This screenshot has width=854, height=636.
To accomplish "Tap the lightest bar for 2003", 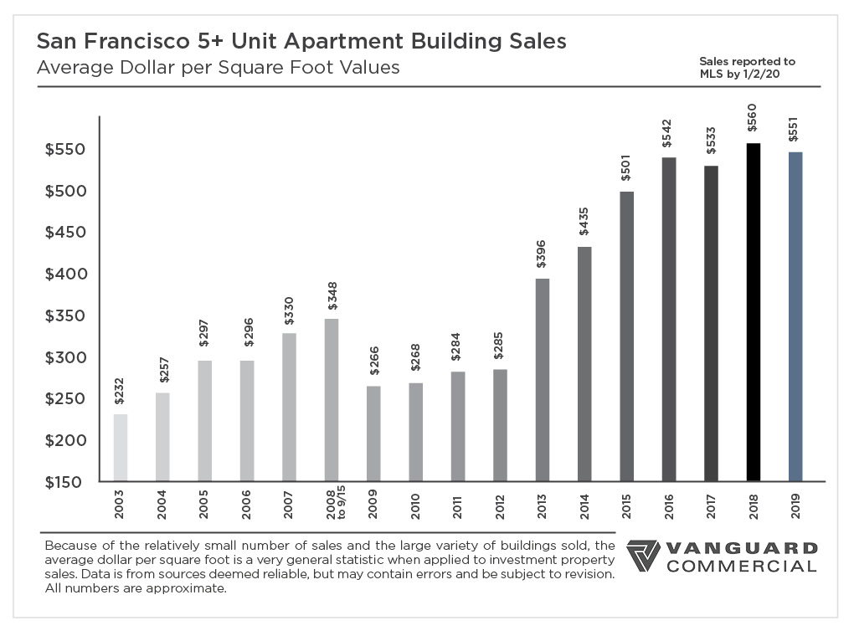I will click(x=121, y=448).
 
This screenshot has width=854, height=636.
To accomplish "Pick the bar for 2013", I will click(x=542, y=380).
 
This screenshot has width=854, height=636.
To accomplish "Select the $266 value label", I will click(x=373, y=362).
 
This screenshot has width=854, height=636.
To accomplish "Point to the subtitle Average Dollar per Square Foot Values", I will click(x=219, y=68).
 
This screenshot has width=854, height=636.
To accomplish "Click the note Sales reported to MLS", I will click(x=748, y=68).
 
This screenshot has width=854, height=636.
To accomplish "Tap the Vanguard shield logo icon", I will click(x=643, y=556).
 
